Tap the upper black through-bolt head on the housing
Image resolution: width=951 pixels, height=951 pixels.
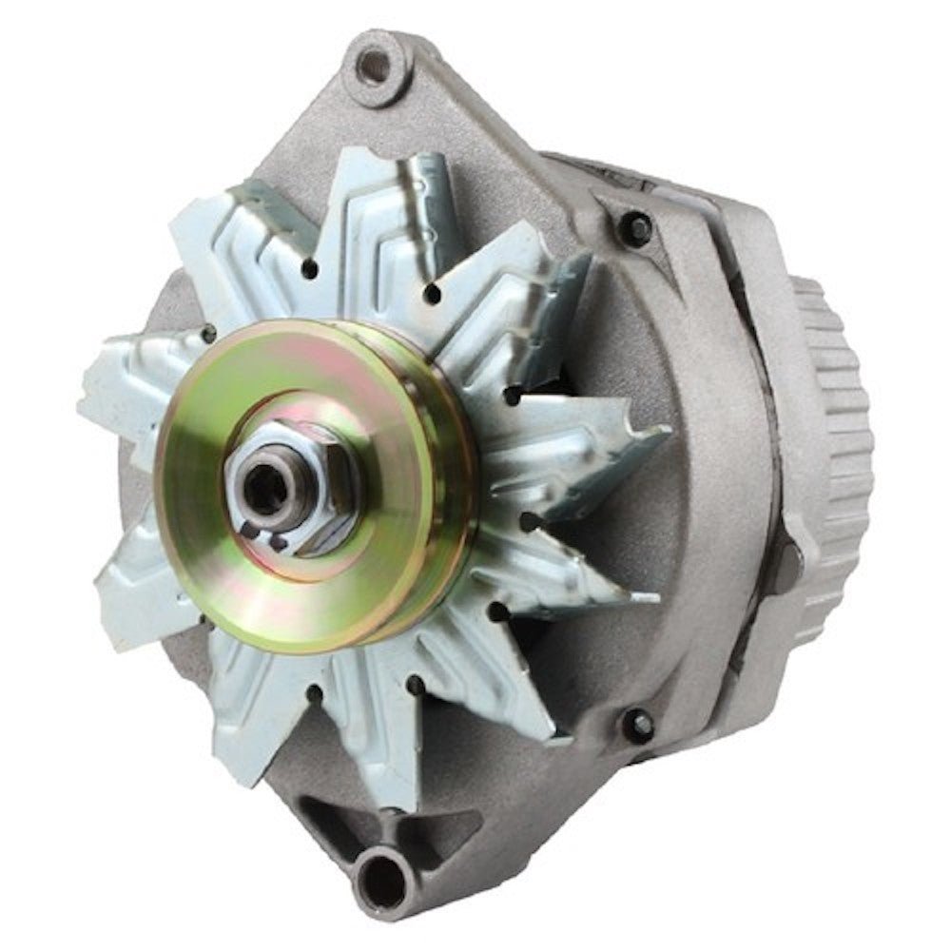coord(634,228)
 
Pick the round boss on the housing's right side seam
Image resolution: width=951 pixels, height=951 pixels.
coord(786,561)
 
